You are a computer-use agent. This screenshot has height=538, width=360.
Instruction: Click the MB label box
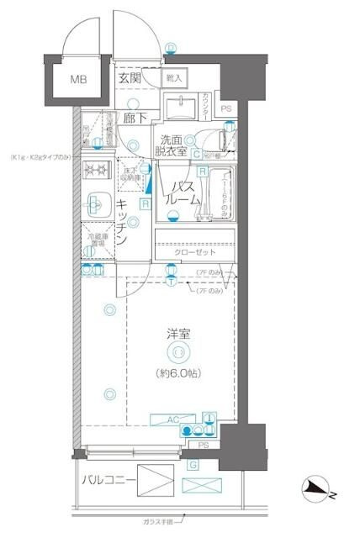pyautogui.click(x=77, y=81)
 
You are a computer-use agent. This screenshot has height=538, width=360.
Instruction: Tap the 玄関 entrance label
pyautogui.click(x=130, y=78)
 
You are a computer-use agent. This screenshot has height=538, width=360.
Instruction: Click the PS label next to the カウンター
pyautogui.click(x=225, y=108)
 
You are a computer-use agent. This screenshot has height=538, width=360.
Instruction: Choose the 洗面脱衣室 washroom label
pyautogui.click(x=172, y=147)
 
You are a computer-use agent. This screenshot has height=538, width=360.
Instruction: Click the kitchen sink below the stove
pyautogui.click(x=94, y=202)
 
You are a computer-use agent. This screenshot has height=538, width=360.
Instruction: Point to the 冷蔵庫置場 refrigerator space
pyautogui.click(x=95, y=240)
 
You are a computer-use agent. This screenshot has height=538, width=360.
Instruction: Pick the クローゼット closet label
pyautogui.click(x=195, y=252)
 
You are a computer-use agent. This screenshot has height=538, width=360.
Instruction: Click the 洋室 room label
pyautogui.click(x=177, y=334)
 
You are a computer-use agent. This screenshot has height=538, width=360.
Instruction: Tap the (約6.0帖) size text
pyautogui.click(x=177, y=372)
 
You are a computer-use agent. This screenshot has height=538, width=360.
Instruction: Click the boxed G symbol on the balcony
pyautogui.click(x=193, y=464)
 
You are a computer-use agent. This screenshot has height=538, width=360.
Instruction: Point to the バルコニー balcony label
pyautogui.click(x=104, y=481)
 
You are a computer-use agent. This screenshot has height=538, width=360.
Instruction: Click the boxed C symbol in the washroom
pyautogui.click(x=195, y=154)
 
